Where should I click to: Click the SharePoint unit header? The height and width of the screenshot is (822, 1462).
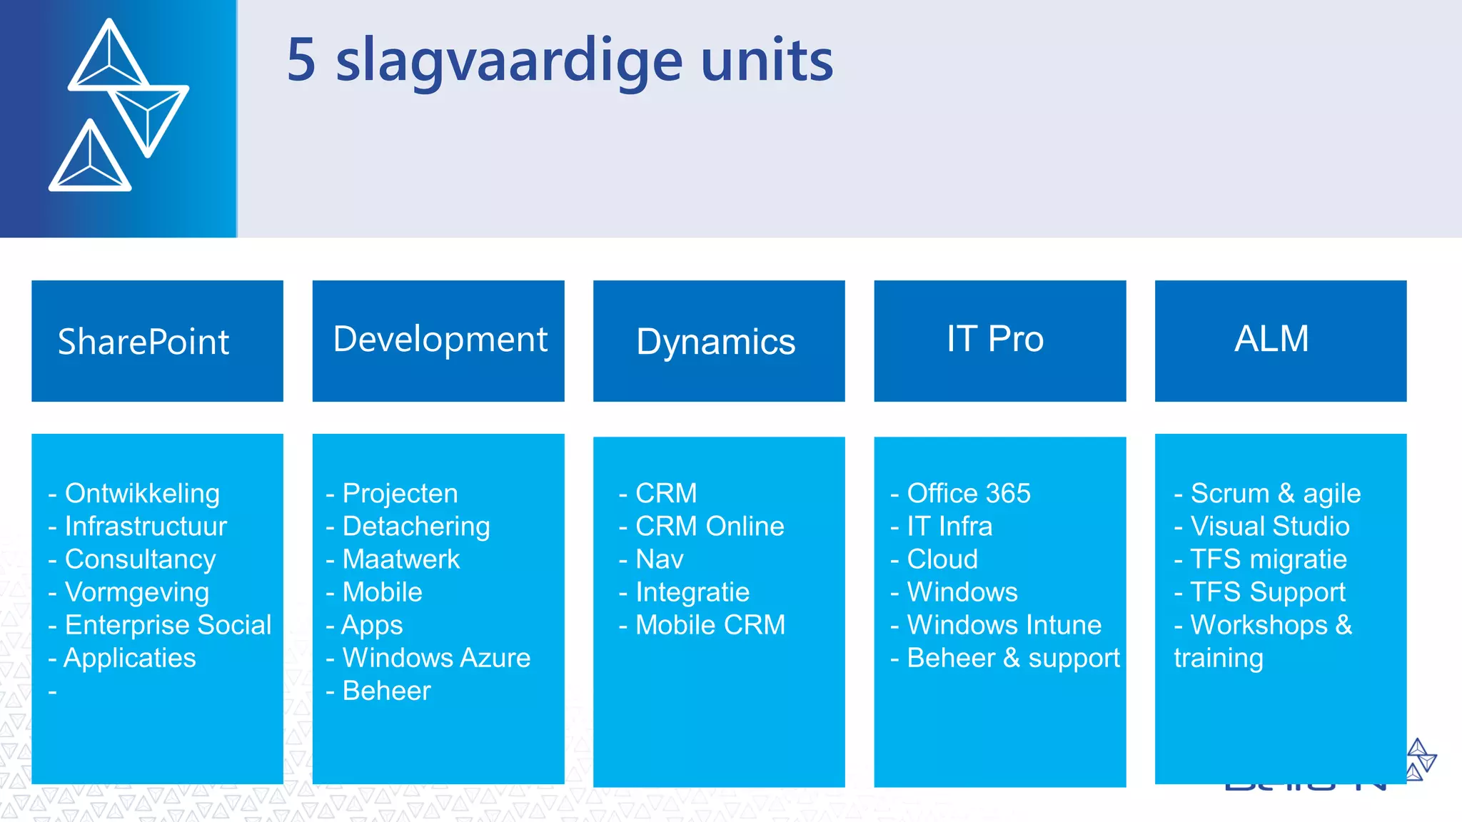point(143,342)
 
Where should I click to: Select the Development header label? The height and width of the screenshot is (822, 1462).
point(440,339)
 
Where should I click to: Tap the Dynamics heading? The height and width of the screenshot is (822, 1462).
point(715,342)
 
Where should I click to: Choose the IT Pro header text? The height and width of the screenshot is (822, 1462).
point(995,339)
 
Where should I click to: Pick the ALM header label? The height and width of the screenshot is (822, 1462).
point(1271,338)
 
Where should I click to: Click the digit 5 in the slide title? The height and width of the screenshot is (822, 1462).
point(301,60)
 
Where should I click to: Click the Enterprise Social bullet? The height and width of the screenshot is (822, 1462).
point(168,625)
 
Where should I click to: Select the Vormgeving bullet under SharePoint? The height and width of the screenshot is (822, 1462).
point(137,592)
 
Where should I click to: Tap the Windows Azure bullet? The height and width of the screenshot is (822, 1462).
point(436,658)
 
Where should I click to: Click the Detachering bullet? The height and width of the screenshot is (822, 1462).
point(416,527)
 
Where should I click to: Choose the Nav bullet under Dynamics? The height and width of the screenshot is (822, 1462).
point(660,559)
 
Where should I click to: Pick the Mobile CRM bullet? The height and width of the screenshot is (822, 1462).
point(710,625)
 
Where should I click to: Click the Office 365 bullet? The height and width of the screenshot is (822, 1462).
point(969,494)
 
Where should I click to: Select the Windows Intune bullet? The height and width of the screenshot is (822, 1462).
point(1004,625)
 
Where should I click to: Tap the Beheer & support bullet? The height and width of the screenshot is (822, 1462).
point(1013,658)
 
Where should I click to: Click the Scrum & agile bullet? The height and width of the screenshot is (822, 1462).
point(1275,494)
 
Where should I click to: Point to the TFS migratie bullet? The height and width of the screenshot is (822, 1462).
point(1269,559)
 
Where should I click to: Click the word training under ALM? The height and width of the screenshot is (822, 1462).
point(1219,658)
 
